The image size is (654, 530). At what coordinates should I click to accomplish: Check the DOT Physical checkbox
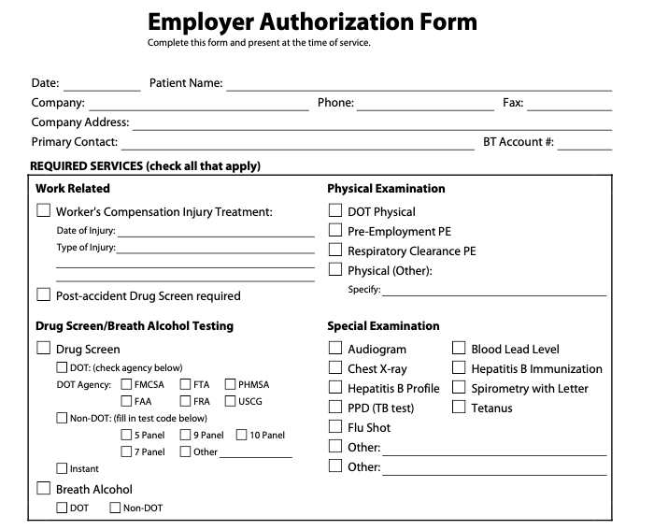coord(335,211)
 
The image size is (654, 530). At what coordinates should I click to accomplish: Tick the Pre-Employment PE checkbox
coord(335,231)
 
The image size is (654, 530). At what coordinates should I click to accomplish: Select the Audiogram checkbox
coord(335,349)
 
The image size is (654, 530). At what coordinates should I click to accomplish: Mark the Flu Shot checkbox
coord(335,427)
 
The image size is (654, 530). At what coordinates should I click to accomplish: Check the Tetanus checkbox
coord(459,408)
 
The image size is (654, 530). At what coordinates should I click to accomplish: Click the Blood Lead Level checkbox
coord(459,349)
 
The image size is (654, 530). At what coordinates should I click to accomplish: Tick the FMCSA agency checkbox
coord(127,384)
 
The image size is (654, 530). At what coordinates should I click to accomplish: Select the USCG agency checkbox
coord(230,402)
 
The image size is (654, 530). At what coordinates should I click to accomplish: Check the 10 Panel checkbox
coord(241,435)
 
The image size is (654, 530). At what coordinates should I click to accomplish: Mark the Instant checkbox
coord(63,468)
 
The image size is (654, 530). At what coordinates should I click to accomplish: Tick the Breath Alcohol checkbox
coord(43,489)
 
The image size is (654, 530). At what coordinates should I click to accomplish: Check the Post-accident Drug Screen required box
coord(43,295)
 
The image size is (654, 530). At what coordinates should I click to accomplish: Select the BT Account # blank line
coord(586,144)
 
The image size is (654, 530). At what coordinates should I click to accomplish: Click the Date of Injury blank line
coord(216,232)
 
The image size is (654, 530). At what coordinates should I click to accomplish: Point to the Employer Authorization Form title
coord(312,22)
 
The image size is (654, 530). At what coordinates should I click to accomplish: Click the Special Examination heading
coord(383,326)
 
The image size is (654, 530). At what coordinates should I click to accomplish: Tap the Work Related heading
coord(73,188)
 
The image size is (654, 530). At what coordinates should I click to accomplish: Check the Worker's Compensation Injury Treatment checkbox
coord(43,211)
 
